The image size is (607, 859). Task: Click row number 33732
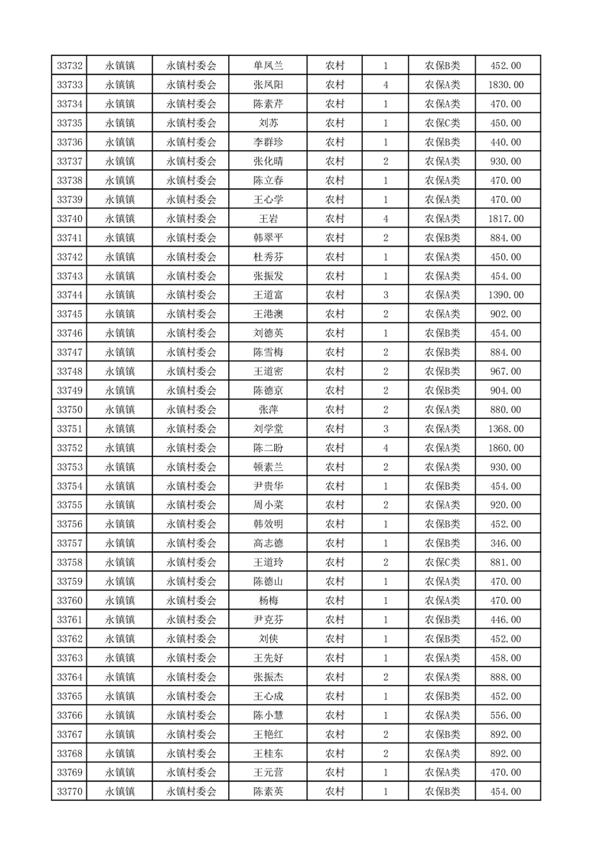70,66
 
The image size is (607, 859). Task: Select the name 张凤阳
269,85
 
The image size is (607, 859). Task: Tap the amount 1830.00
507,85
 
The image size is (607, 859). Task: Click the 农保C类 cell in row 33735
442,123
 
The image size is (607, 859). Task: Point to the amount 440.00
507,142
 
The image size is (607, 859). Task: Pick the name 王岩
269,219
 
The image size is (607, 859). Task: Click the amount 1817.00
507,219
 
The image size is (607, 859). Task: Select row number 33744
70,295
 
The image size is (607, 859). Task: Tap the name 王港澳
269,314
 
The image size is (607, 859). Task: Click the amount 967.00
507,371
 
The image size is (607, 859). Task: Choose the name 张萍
269,410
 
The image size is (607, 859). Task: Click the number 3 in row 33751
385,429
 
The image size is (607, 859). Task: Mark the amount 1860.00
507,448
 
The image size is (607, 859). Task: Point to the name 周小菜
269,505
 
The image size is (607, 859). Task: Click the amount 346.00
507,543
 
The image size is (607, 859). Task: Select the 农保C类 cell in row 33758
442,562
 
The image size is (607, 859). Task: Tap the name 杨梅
269,600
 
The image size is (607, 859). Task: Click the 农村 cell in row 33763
335,658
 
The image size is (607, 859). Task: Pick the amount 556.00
507,715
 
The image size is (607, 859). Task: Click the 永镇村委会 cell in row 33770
191,792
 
